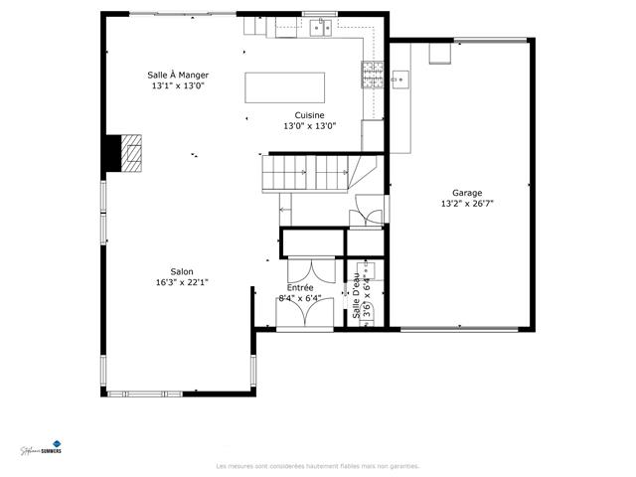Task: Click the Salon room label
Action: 181,271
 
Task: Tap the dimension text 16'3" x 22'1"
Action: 181,282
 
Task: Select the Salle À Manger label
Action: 178,75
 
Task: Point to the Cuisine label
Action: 309,115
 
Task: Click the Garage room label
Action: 467,193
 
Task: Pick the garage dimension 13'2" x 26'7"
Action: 467,204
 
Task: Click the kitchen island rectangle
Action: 284,86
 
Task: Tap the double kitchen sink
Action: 320,28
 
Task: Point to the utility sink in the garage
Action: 400,77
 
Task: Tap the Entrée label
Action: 299,287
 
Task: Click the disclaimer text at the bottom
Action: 317,466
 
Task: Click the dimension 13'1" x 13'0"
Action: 178,85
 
